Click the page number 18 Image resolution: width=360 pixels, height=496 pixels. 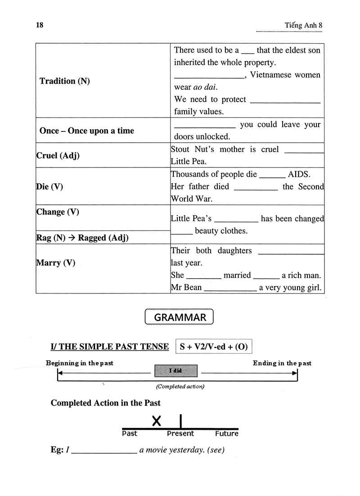coord(40,25)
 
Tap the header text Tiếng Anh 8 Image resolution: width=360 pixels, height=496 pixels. coord(304,26)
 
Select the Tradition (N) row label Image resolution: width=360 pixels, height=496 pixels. coord(65,81)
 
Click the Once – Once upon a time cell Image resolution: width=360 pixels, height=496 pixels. coord(87,131)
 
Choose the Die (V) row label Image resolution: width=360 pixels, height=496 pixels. coord(49,186)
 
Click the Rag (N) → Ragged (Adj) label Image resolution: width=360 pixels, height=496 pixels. coord(82,238)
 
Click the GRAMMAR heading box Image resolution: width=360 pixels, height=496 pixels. coord(180,317)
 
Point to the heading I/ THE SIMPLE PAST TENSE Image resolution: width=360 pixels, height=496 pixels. coord(110,347)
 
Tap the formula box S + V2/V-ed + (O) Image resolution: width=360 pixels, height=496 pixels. coord(214,347)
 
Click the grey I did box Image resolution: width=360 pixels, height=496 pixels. coord(176,371)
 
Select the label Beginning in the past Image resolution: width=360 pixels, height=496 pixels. coord(79,363)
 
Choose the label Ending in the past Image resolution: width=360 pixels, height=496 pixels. coord(282,363)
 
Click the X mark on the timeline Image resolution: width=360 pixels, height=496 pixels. coord(156,421)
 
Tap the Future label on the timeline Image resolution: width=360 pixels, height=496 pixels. coord(226,434)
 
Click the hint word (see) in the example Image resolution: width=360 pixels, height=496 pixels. coord(216,450)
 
